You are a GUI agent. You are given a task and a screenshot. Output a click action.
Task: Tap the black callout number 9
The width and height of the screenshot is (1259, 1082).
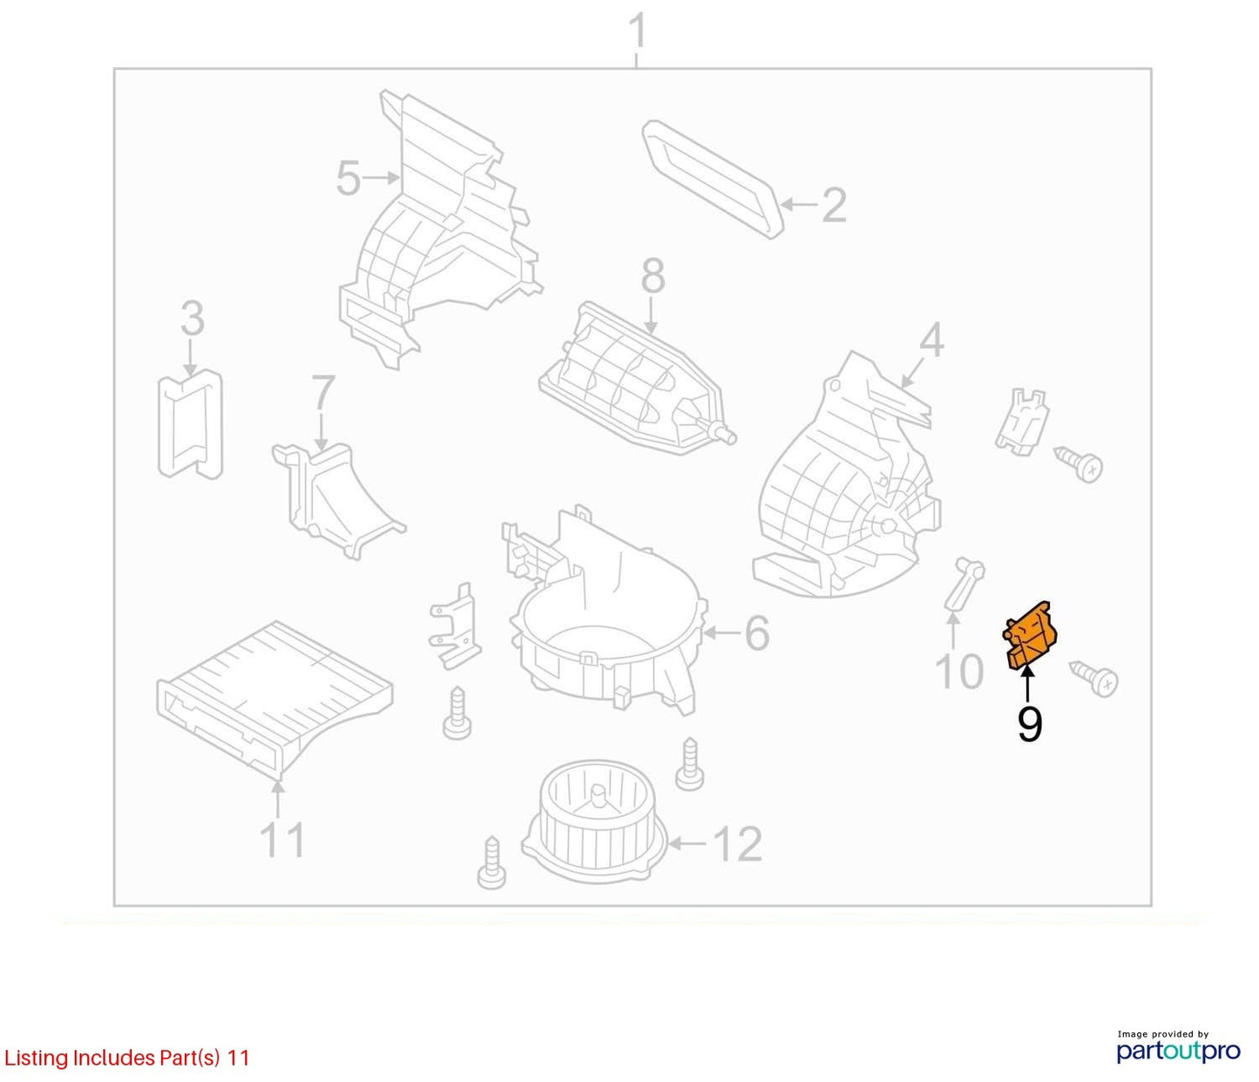[x=1029, y=725]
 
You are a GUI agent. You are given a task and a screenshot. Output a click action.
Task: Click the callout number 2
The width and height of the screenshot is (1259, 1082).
[x=834, y=206]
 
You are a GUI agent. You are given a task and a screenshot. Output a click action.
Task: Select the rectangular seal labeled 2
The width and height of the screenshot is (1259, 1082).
[x=713, y=179]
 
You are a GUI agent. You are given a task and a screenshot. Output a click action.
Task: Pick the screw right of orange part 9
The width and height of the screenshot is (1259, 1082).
[x=1094, y=679]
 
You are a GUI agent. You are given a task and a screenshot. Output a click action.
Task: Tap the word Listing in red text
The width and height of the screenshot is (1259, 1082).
[x=36, y=1058]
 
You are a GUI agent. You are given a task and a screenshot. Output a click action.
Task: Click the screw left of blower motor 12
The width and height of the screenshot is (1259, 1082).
[x=491, y=863]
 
